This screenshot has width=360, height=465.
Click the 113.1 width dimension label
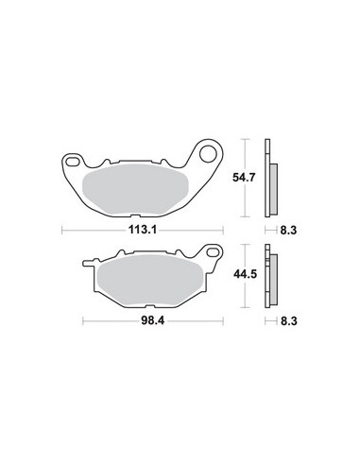coord(143,228)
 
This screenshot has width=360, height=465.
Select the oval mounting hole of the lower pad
coord(212,252)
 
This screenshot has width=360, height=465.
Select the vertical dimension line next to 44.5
coord(249,277)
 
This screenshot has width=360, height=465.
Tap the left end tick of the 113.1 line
coord(61,228)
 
